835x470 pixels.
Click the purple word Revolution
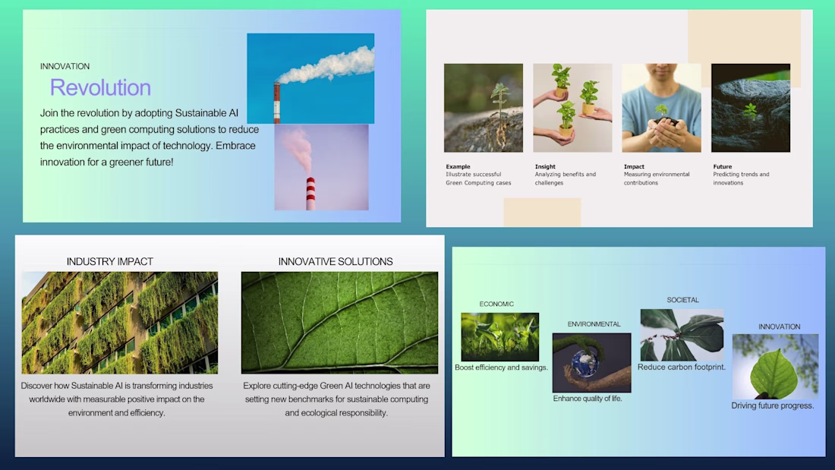100,87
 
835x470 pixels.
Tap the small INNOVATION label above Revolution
65,66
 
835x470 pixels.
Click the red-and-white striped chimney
310,193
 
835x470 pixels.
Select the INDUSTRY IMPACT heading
110,262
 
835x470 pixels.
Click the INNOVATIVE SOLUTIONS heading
336,262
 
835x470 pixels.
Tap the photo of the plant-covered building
120,323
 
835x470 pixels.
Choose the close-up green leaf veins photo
339,323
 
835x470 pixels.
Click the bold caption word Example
458,166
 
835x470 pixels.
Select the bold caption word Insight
545,166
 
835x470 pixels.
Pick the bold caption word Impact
634,166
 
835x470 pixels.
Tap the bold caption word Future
722,166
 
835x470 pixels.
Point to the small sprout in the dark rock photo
750,112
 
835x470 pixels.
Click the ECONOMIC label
496,304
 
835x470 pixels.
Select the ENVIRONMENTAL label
594,324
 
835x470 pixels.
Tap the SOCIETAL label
682,300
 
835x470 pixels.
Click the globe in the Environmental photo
585,362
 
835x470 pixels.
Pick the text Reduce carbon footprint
682,367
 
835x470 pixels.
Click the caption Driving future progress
773,405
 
